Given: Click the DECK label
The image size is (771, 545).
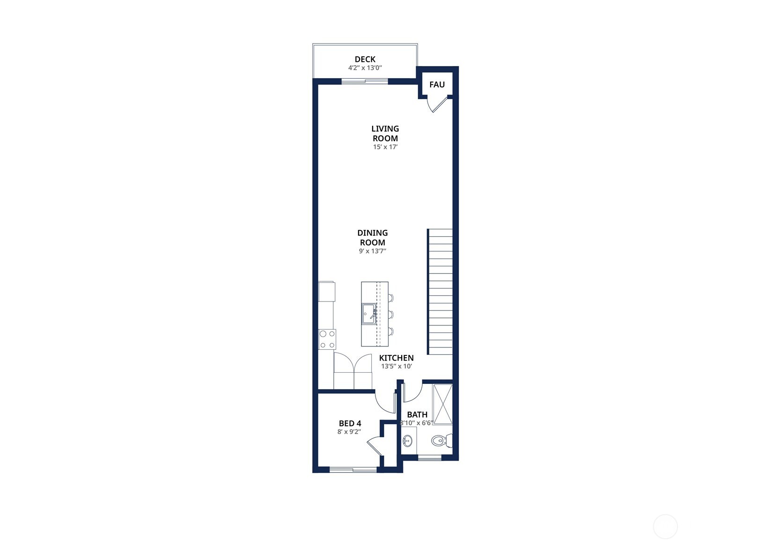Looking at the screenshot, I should [365, 59].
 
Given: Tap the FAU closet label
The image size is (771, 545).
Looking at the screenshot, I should [437, 85].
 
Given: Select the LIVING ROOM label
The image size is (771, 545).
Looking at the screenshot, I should [385, 133].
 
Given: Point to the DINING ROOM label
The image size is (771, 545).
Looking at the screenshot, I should [373, 237].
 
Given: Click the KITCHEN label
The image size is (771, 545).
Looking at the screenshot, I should [396, 358].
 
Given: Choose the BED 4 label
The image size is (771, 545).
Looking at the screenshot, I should [350, 423].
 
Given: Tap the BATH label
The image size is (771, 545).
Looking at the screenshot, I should [417, 414].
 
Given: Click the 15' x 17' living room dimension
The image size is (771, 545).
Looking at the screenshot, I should [385, 147].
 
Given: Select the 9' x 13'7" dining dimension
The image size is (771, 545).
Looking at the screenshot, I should [373, 251].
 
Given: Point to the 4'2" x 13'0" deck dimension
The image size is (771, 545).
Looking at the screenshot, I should [365, 68].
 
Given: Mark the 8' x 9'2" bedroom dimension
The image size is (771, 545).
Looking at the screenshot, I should [349, 432].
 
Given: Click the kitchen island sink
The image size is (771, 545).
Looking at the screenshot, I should [369, 314].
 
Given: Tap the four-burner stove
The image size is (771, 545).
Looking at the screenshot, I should [327, 339].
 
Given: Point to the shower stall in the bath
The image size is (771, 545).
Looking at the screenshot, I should [442, 404].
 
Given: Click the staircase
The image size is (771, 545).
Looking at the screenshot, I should [440, 292].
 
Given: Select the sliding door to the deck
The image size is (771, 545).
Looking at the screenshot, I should [365, 81].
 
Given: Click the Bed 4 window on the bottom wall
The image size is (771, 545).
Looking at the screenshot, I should [353, 469].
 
